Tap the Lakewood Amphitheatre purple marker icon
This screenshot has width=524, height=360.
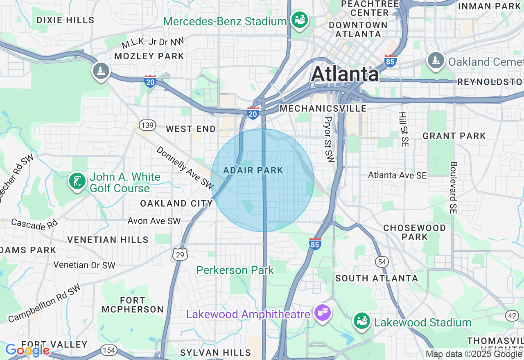(322, 313)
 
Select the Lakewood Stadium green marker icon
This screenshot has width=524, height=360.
(362, 322)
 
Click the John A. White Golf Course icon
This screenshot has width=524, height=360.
(77, 181)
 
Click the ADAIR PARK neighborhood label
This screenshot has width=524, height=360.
(253, 170)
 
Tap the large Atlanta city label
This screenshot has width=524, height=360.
(345, 74)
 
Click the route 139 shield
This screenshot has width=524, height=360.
(147, 125)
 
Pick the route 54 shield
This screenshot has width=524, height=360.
(382, 262)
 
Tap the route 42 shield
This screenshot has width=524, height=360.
(512, 315)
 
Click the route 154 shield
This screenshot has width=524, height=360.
(108, 350)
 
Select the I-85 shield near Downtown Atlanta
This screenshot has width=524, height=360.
(391, 61)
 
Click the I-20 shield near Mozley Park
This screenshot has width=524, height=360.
(150, 81)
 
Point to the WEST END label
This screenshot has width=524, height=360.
(191, 129)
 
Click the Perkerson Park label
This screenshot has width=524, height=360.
(235, 270)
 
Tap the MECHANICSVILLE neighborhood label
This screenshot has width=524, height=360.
(323, 108)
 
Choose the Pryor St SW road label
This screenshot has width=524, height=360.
(329, 139)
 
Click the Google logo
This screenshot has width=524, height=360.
(27, 350)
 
